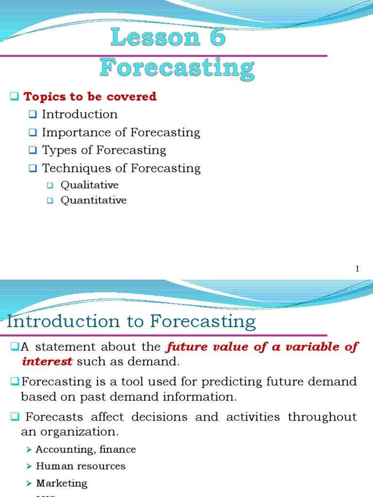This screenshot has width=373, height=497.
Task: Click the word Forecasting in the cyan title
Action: [177, 68]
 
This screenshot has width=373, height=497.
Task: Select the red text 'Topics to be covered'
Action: [90, 97]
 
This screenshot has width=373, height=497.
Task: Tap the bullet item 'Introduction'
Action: [80, 115]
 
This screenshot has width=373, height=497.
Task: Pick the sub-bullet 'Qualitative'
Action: [89, 185]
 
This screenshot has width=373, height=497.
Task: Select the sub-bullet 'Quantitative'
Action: [93, 200]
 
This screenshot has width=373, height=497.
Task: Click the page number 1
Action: [357, 268]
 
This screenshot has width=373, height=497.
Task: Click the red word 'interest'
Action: [47, 362]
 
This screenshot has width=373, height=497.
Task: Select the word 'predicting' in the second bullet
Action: [234, 382]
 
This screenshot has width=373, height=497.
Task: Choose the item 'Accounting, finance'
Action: [85, 449]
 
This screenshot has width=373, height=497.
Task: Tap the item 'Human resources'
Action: [81, 466]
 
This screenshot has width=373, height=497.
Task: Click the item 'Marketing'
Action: [62, 483]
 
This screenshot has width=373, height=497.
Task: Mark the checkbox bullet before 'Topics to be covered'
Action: [14, 97]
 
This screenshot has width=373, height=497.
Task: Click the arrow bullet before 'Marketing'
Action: [29, 483]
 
